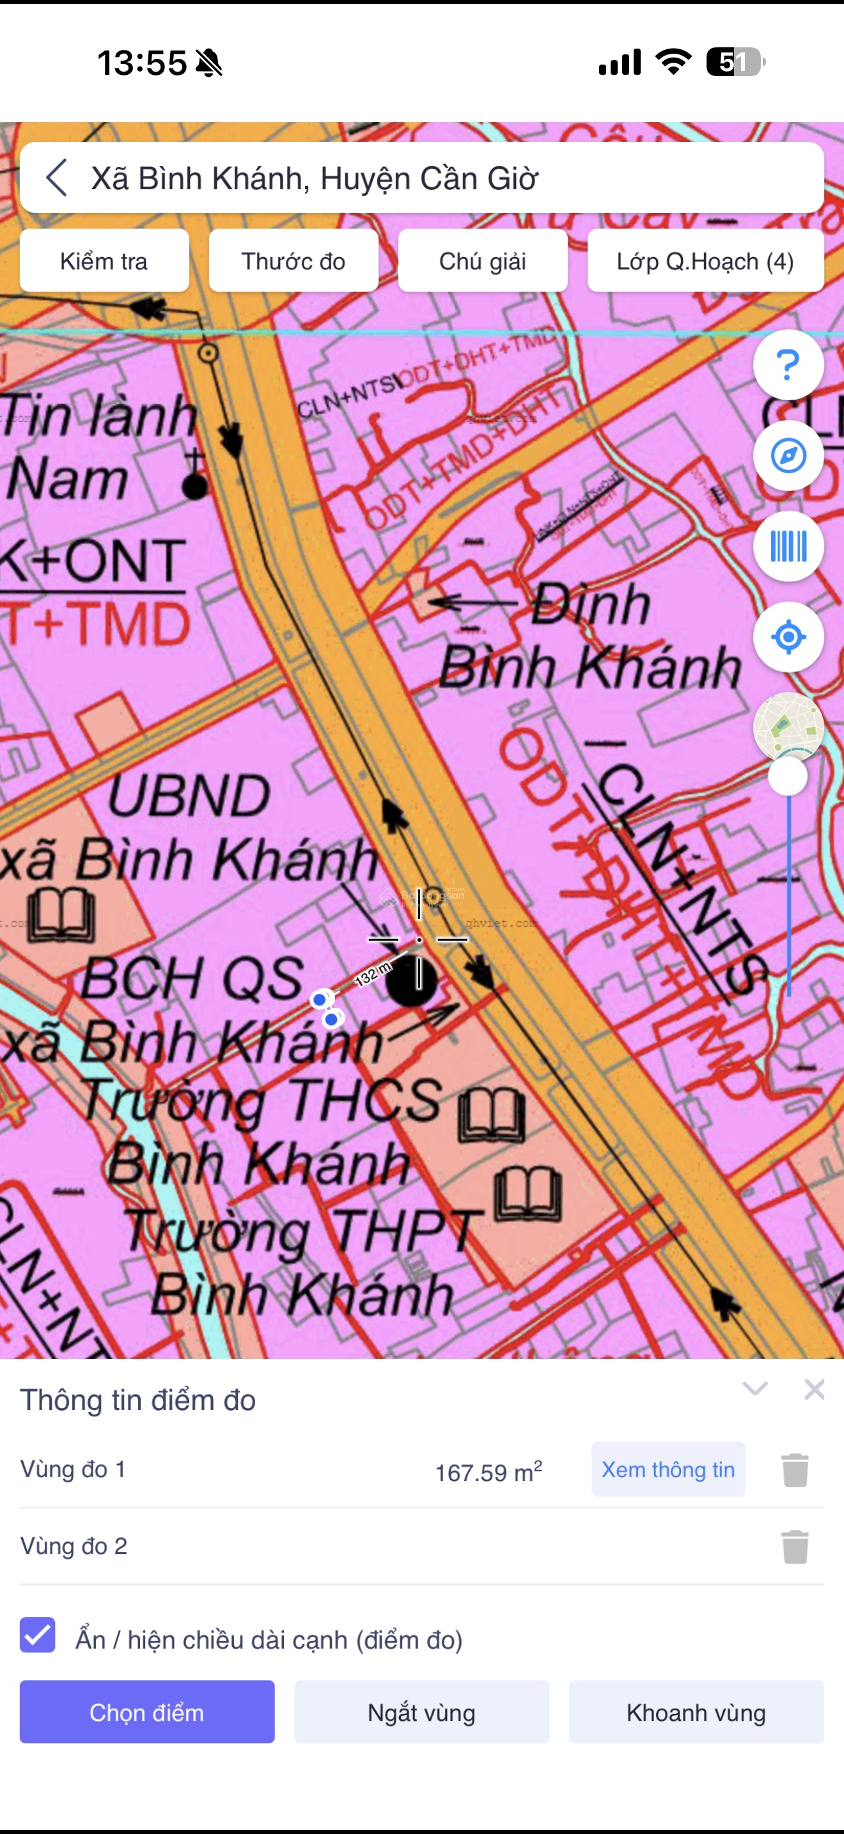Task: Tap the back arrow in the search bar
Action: click(57, 177)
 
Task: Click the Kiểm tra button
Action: click(104, 262)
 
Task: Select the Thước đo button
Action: click(293, 262)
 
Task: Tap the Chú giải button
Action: click(483, 262)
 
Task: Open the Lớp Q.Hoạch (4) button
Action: click(705, 262)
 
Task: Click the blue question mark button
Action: click(788, 365)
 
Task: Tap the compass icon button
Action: click(788, 456)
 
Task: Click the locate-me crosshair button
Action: click(788, 637)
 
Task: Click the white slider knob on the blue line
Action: click(788, 776)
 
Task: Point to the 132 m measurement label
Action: click(373, 973)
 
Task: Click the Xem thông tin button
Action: click(668, 1470)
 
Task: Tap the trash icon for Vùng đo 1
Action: click(795, 1470)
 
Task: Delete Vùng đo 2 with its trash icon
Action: click(795, 1546)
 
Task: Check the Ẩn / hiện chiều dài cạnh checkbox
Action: click(38, 1634)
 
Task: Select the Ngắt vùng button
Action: click(421, 1713)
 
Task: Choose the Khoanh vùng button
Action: click(696, 1713)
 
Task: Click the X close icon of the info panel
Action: click(814, 1389)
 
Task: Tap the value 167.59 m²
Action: click(488, 1471)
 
